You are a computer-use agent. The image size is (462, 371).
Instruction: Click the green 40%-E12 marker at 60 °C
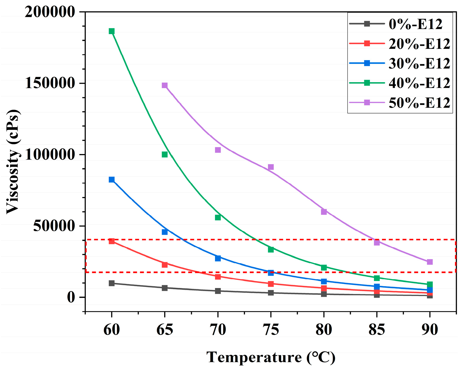click(111, 31)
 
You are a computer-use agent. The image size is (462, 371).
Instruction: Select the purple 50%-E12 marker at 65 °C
click(165, 85)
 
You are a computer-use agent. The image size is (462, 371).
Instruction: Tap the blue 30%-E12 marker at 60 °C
click(111, 179)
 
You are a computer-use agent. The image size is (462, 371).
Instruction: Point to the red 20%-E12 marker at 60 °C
click(111, 241)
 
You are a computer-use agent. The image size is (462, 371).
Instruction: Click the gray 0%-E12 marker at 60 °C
click(111, 283)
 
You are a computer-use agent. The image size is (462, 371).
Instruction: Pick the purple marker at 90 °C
click(430, 262)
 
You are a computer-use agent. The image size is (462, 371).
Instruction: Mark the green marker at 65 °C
click(165, 154)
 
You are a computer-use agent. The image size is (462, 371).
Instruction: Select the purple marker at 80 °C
click(324, 212)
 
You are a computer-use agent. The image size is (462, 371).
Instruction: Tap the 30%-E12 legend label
click(419, 64)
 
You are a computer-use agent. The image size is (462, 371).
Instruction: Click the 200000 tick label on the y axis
click(50, 12)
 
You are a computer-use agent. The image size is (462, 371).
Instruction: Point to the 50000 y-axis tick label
click(54, 226)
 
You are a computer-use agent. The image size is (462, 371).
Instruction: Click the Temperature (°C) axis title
click(271, 358)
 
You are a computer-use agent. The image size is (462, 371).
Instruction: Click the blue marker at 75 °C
click(271, 273)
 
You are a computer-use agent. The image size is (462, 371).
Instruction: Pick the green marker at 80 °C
click(324, 267)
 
